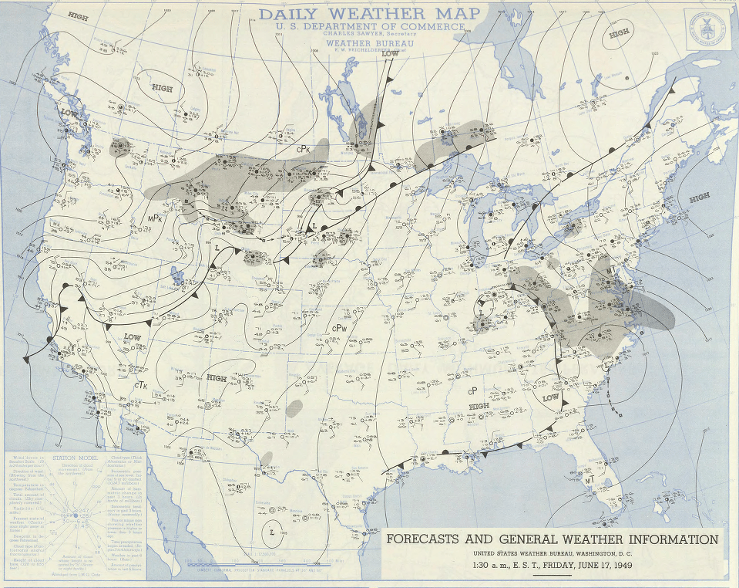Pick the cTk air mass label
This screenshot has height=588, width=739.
[140, 384]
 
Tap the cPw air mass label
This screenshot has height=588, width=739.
[339, 328]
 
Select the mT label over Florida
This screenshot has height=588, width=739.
[590, 480]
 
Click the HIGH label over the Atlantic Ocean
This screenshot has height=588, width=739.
[699, 198]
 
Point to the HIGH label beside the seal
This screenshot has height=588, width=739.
[619, 34]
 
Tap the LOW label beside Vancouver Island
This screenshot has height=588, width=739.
[69, 113]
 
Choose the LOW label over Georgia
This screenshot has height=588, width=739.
[550, 397]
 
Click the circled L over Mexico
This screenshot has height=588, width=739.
[274, 532]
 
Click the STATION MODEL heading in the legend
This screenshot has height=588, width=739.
[74, 458]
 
